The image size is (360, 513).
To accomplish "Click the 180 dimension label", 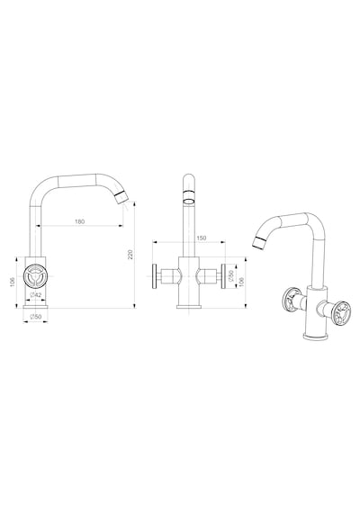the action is point(79,221).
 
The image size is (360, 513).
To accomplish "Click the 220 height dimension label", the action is point(130,255).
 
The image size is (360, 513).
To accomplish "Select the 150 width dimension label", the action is point(202,238).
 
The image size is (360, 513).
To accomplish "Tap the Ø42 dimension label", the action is point(36,295).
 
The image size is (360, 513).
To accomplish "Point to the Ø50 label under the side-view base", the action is point(36,317).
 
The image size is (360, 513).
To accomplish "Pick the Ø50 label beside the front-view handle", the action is point(230,276).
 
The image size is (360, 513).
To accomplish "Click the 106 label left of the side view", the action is point(13,282).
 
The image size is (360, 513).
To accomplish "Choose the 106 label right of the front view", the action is point(242,282).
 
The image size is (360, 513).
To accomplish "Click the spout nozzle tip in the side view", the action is point(120,197).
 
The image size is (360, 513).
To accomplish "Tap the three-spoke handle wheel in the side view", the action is point(36,275).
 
